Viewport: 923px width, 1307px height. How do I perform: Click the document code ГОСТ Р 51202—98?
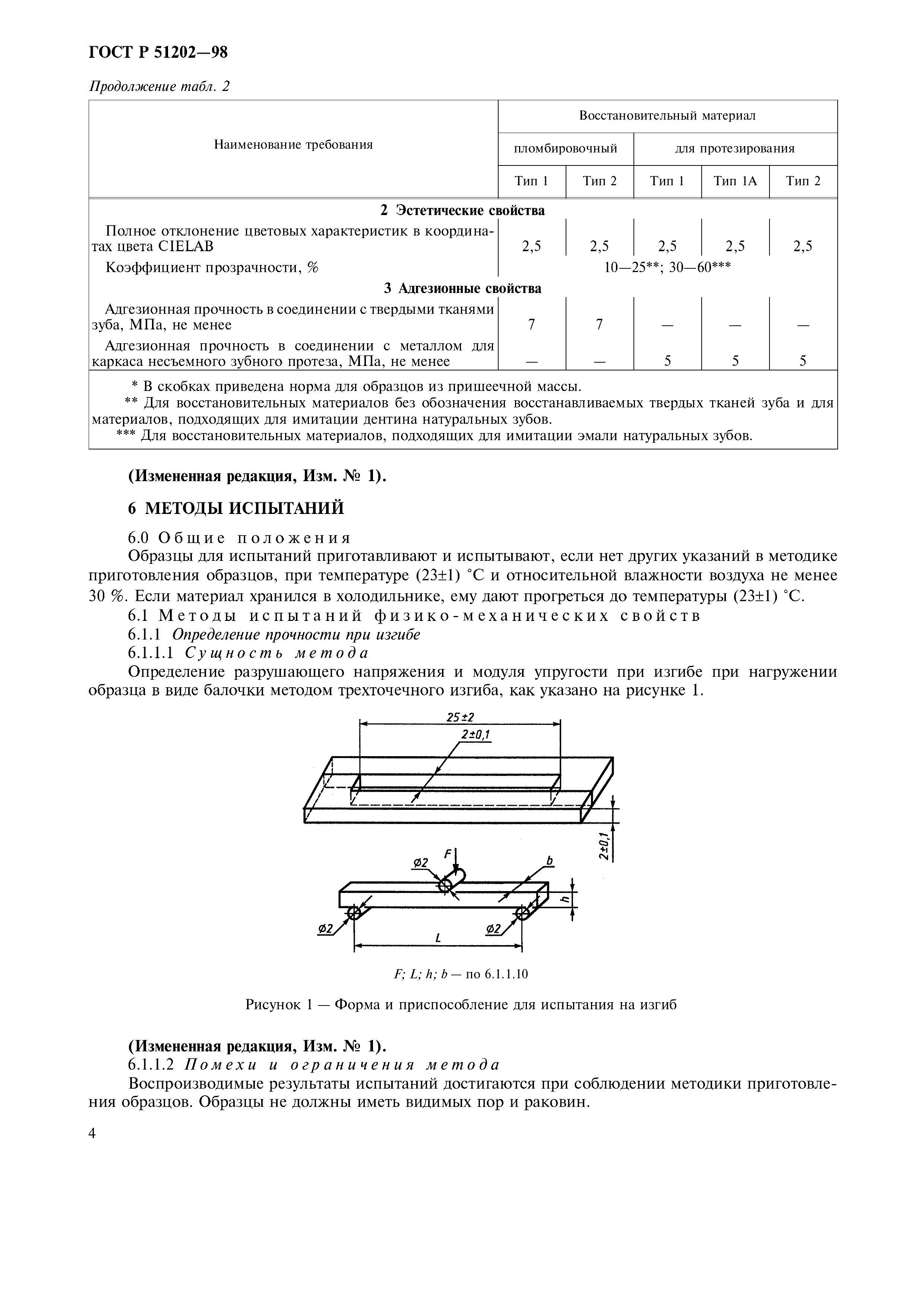point(158,53)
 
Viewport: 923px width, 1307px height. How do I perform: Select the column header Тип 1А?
point(735,181)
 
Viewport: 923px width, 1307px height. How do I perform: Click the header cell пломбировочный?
point(566,149)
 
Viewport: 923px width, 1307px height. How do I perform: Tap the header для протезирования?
point(735,149)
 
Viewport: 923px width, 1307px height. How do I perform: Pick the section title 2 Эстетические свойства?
point(462,211)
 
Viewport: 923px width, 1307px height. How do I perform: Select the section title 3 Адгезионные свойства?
point(462,288)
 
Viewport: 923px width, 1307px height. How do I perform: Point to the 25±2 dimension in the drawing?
point(460,717)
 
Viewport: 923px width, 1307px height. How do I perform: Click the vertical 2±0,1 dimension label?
point(605,845)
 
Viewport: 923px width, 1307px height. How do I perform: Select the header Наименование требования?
point(293,145)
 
